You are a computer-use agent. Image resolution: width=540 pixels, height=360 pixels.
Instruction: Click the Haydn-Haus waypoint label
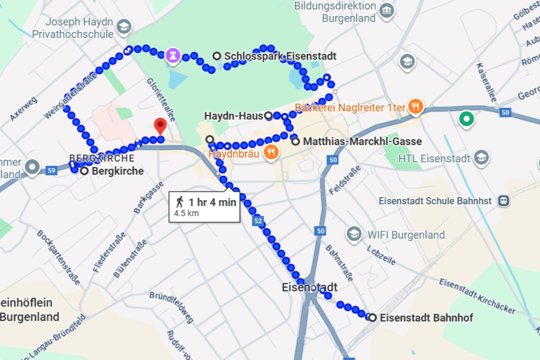tap(233, 116)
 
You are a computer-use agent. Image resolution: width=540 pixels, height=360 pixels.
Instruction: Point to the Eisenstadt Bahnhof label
tap(426, 318)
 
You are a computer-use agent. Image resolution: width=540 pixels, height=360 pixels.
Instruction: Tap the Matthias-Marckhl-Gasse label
tap(362, 142)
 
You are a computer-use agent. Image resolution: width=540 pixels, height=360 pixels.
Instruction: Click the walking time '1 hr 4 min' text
tap(212, 202)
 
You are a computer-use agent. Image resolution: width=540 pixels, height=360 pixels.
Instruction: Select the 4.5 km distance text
tap(186, 213)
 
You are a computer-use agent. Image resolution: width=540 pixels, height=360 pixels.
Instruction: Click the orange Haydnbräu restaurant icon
tap(270, 152)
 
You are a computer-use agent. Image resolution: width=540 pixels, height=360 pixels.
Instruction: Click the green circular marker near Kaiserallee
tap(466, 120)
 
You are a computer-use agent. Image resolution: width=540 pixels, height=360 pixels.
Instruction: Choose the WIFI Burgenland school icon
tap(354, 234)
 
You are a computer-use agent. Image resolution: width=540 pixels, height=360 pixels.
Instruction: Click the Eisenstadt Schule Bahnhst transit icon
tap(504, 201)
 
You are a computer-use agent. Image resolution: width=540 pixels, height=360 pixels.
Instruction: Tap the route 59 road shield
tap(51, 171)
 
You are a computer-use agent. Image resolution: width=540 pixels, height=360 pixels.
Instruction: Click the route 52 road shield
tap(257, 221)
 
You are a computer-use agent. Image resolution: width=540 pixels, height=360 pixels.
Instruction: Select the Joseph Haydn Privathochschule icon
tap(122, 27)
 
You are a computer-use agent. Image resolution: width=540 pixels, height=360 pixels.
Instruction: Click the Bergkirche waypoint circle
tap(84, 171)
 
